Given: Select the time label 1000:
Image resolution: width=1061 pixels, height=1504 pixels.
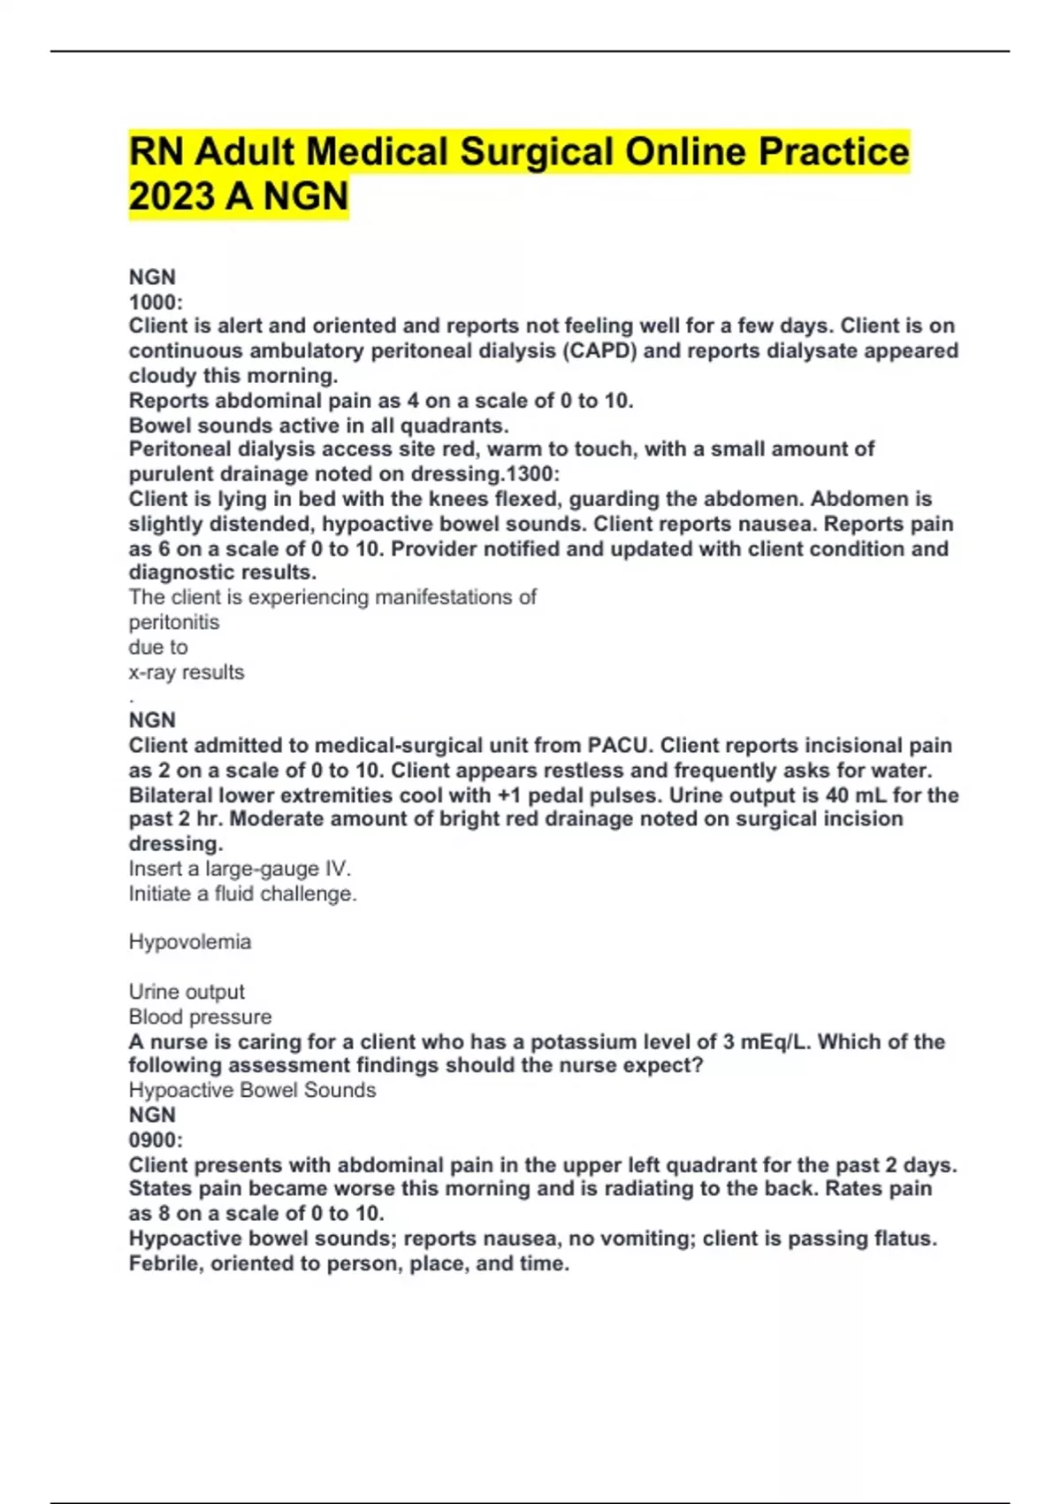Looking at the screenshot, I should tap(156, 302).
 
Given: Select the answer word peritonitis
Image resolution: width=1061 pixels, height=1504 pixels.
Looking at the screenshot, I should tap(173, 622).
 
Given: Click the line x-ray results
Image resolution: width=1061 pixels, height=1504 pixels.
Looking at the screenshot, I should tap(186, 672).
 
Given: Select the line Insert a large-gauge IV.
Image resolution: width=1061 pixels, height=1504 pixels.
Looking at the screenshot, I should tap(240, 869).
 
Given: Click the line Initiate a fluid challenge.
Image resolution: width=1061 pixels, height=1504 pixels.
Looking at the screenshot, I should tap(242, 894).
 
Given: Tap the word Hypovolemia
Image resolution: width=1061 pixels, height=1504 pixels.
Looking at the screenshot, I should tap(189, 942).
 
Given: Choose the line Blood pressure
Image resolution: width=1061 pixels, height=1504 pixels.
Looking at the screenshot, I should tap(200, 1017).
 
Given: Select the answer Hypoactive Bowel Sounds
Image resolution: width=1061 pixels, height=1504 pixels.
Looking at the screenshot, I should tap(252, 1090).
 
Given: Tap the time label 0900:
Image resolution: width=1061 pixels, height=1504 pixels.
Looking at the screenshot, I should tap(156, 1140).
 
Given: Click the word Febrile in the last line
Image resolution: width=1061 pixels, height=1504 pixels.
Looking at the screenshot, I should tap(163, 1263).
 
